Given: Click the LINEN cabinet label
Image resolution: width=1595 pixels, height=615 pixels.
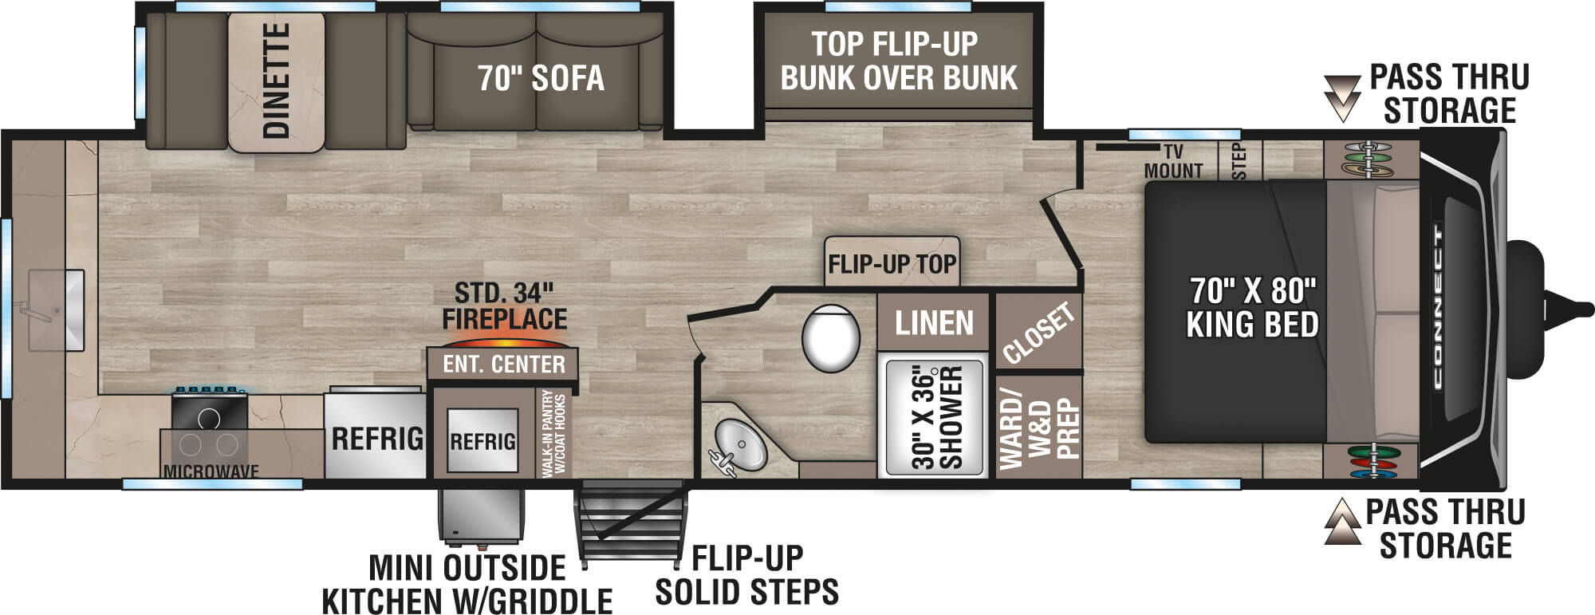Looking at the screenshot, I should tap(934, 323).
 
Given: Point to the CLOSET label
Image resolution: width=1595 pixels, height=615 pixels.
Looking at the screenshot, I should tap(1038, 333).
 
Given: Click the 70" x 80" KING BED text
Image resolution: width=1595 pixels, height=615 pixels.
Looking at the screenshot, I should tap(1251, 308).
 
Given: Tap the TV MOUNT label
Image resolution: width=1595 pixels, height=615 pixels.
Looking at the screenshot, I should tap(1172, 162).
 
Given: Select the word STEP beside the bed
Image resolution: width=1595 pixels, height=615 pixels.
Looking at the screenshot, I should tap(1239, 162).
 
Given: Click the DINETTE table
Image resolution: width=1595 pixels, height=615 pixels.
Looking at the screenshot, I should tap(276, 81).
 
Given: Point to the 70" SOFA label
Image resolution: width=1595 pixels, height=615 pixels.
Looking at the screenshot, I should tap(541, 78).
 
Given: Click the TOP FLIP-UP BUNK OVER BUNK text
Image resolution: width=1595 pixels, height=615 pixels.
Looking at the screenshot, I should tap(898, 61).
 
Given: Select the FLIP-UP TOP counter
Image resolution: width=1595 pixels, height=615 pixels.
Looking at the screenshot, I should tap(892, 262).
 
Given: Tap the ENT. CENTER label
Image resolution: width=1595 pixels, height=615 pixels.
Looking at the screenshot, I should tap(503, 365).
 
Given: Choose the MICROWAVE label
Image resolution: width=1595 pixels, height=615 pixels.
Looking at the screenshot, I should tap(211, 471).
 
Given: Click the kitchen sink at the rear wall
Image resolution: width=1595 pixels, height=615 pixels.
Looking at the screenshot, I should tap(56, 309).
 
